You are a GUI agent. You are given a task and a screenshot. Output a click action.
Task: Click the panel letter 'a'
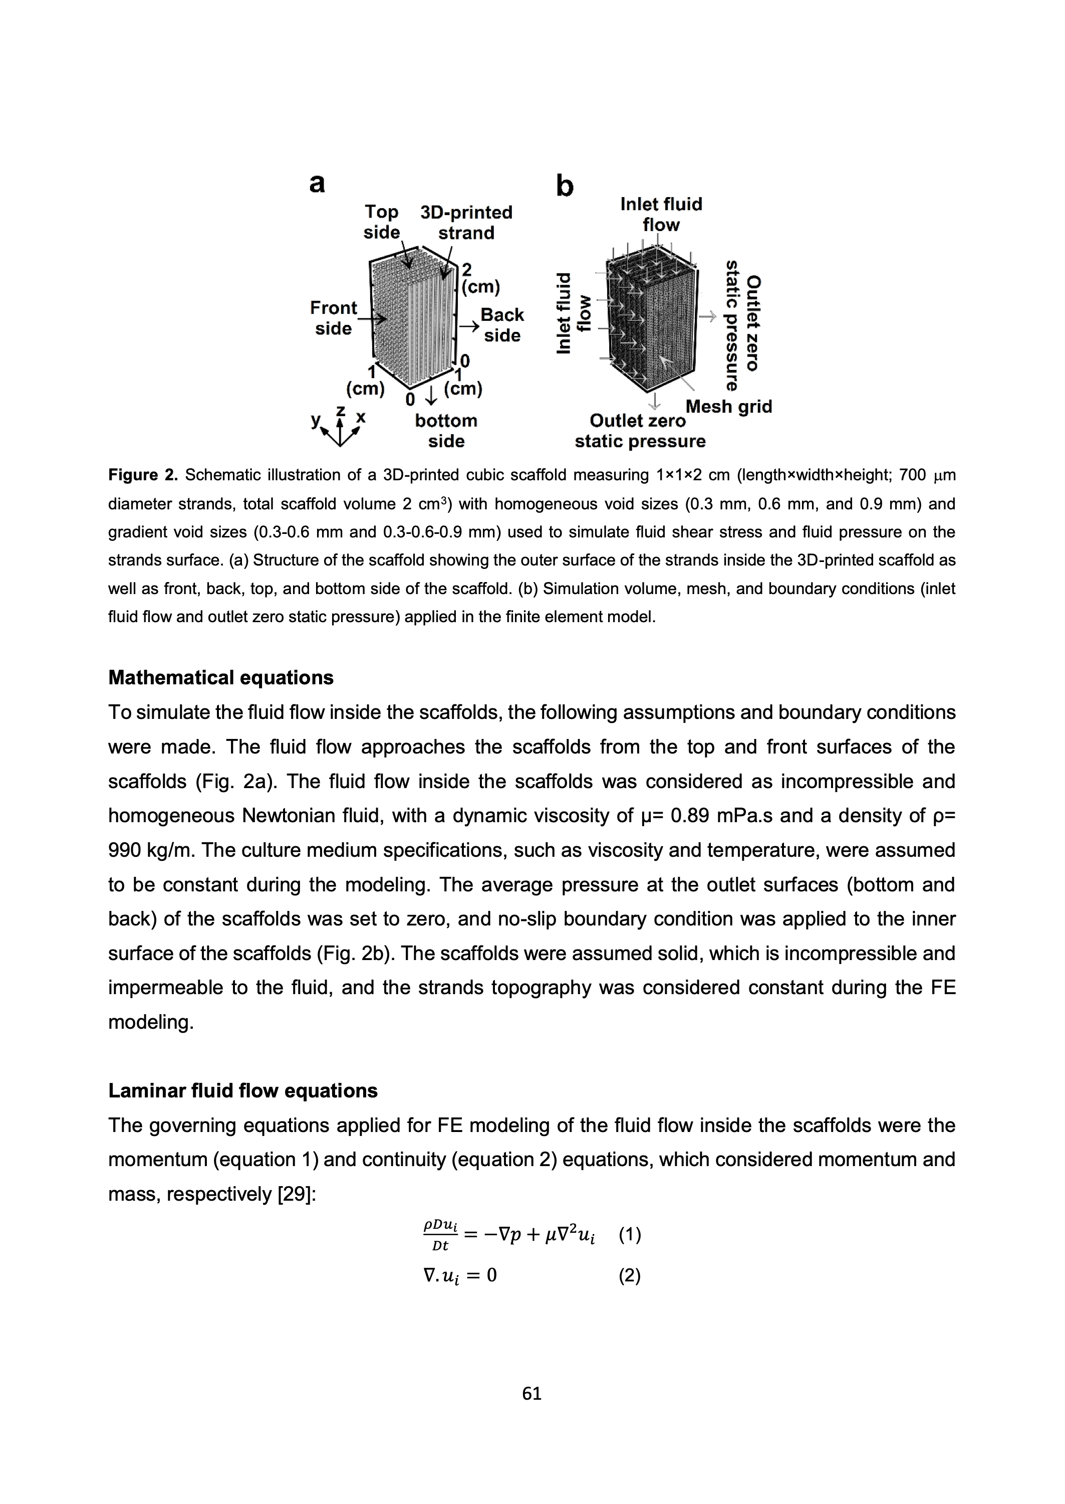pos(317,184)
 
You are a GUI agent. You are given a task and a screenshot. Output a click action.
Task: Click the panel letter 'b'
pos(565,187)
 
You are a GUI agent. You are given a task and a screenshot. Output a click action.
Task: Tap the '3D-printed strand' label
pos(466,223)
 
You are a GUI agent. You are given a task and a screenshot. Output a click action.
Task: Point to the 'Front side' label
pos(333,318)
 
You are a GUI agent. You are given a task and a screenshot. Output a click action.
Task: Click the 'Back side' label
pos(502,325)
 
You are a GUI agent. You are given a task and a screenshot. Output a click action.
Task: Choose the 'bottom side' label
pos(446,431)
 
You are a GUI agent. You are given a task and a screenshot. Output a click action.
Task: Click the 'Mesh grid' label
pos(728,407)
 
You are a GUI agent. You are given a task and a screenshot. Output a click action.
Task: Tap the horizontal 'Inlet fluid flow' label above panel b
pos(661,214)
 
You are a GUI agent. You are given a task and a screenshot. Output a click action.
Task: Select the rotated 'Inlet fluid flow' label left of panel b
pos(573,314)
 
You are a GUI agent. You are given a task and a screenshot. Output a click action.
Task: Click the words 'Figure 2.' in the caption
pos(143,475)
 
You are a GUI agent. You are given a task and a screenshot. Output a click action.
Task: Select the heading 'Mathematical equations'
pos(220,678)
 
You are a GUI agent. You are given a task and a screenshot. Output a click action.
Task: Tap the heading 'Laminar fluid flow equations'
pos(242,1090)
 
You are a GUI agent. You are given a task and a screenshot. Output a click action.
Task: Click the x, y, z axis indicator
pos(339,426)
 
